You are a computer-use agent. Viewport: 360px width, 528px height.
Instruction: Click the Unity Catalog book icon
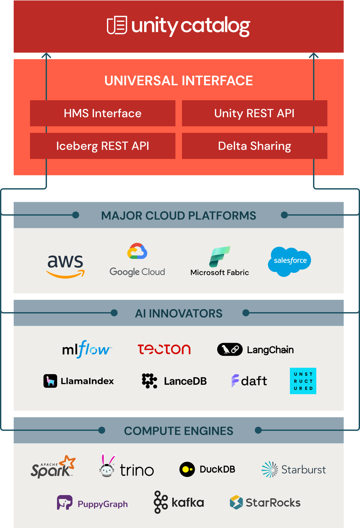coord(117,25)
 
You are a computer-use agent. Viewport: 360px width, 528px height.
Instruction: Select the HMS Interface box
coord(103,113)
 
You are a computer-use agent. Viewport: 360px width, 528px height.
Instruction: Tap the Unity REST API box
coord(254,113)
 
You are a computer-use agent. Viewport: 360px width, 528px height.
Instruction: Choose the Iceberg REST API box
coord(103,146)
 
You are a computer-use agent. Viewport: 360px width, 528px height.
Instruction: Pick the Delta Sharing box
coord(254,146)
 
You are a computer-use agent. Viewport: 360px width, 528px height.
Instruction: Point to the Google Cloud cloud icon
coord(137,251)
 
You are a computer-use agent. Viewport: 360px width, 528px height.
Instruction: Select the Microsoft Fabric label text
coord(219,273)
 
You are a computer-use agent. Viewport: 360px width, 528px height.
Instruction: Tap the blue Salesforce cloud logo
coord(290,261)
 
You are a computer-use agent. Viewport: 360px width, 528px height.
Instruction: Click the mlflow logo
coord(87,349)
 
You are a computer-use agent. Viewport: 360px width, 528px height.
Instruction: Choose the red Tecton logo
coord(164,349)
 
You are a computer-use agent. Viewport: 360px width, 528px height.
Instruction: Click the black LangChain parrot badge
coord(230,350)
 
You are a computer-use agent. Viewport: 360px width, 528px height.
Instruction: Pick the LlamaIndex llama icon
coord(50,381)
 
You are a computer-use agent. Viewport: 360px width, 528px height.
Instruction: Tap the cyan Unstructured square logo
coord(303,381)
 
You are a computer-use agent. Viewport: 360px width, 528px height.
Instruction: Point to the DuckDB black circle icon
coord(187,470)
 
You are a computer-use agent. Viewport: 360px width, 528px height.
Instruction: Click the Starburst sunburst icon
coord(270,470)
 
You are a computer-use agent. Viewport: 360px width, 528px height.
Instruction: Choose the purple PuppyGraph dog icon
coord(65,502)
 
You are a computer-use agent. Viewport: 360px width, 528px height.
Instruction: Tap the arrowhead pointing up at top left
coord(46,55)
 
